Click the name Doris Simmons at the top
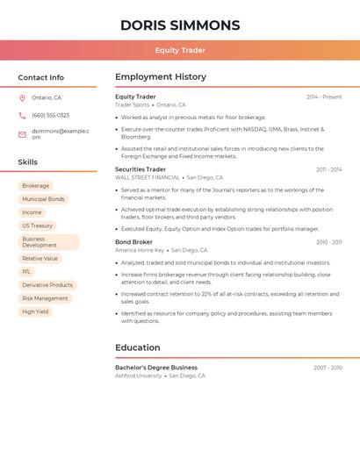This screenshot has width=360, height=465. click(x=179, y=25)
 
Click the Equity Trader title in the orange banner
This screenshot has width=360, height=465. click(x=179, y=50)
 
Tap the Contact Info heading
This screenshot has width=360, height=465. click(x=41, y=77)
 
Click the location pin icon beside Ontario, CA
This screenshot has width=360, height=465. click(x=22, y=97)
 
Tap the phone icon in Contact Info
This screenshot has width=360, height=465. click(x=22, y=115)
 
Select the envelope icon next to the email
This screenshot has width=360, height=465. click(x=22, y=134)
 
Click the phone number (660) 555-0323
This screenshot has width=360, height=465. click(x=50, y=115)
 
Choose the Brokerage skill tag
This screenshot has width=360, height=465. click(x=36, y=186)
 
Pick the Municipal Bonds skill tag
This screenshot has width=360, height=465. click(x=43, y=199)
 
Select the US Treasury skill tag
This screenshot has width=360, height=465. click(x=37, y=225)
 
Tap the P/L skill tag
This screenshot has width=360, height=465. click(x=26, y=272)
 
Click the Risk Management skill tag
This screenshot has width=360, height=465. click(x=45, y=298)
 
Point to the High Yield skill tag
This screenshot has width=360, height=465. click(x=35, y=311)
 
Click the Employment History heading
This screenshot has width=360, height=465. click(x=161, y=77)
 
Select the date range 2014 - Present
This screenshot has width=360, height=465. click(x=324, y=97)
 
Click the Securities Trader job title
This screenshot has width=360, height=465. click(x=140, y=169)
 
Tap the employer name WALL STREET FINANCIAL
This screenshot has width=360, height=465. click(x=148, y=177)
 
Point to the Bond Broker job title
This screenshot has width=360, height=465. click(x=133, y=242)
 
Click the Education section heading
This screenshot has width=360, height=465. click(x=138, y=347)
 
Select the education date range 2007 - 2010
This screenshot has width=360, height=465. click(x=328, y=368)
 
